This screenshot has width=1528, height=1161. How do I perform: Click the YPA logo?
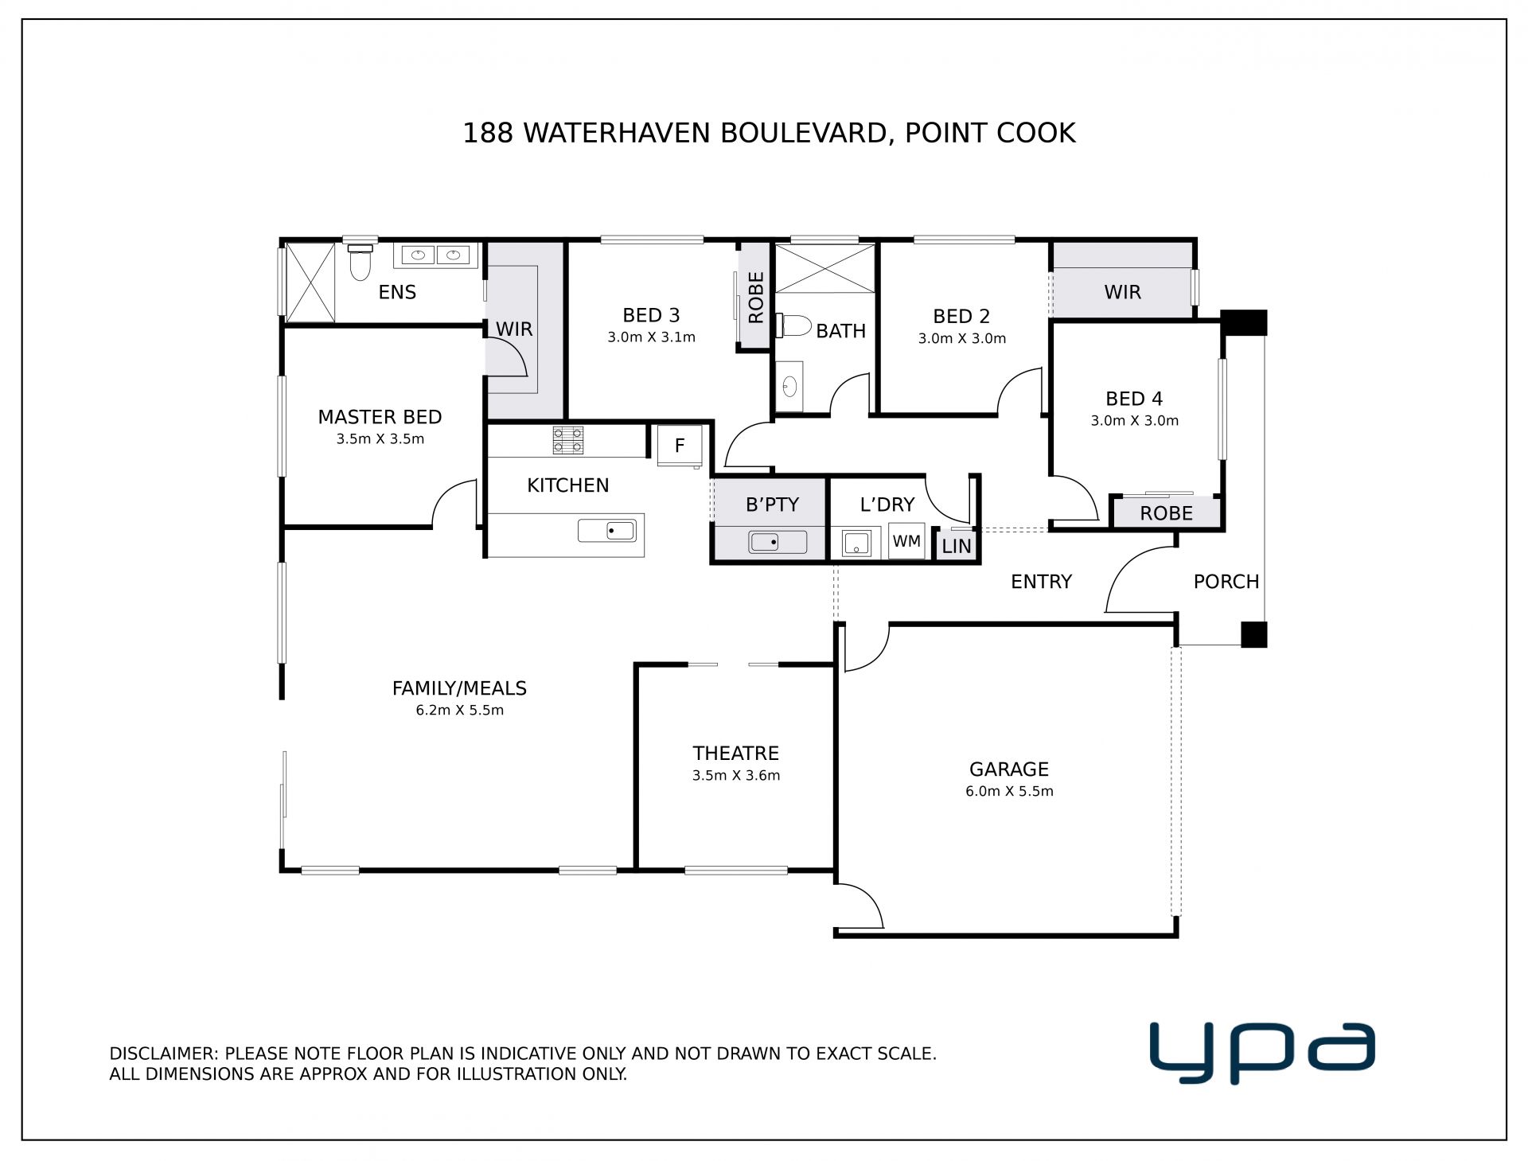1262,1053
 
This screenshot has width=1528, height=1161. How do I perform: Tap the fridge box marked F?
680,446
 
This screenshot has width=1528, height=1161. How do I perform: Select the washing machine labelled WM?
906,541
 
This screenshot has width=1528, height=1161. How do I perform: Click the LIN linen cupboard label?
957,547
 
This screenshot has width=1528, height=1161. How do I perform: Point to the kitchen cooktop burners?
568,440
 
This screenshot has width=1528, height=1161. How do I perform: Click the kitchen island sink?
606,530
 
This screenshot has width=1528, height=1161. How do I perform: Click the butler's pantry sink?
778,542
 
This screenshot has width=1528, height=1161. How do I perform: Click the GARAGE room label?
1009,769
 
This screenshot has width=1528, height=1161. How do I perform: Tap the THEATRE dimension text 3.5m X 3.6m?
736,775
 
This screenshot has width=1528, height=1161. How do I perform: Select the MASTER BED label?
380,417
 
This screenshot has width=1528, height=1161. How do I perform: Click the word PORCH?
1226,582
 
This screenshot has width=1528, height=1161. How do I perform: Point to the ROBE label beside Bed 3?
756,297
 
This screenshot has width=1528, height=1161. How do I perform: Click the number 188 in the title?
488,133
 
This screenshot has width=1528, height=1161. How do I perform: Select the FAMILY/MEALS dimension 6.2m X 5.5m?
460,710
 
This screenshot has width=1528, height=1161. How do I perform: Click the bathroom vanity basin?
789,387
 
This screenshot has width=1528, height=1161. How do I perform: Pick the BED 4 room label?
1134,399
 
